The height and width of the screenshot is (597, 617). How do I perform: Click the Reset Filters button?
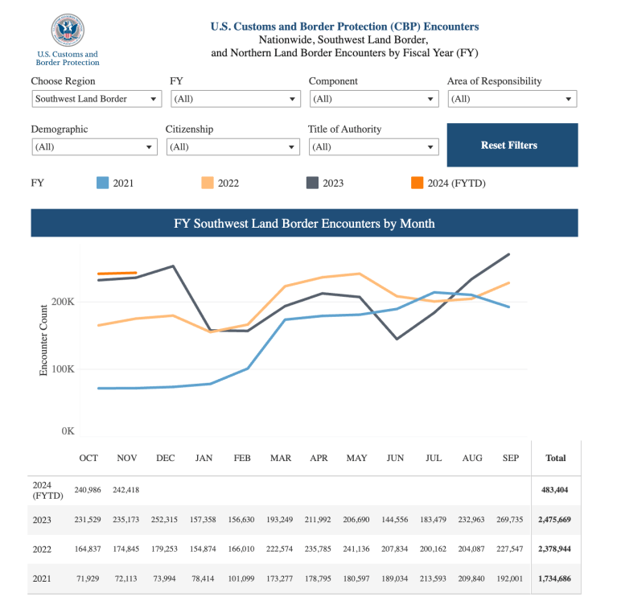[512, 145]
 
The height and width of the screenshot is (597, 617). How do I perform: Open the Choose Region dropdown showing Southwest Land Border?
[97, 99]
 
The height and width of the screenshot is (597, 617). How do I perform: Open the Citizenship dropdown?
[232, 147]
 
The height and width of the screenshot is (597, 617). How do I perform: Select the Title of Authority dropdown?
[374, 147]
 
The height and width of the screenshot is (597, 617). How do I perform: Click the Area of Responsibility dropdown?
[512, 99]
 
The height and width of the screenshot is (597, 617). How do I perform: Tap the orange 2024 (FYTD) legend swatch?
[417, 183]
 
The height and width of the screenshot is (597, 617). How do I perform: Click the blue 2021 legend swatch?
[102, 183]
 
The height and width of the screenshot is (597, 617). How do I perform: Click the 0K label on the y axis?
[68, 431]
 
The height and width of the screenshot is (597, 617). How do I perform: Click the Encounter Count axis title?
[44, 340]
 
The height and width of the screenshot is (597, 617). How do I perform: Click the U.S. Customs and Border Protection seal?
[67, 30]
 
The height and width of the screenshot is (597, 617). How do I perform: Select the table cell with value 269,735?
[511, 520]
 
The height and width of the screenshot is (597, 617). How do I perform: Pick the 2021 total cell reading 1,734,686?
[556, 578]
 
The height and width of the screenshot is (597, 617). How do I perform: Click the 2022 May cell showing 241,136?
[356, 550]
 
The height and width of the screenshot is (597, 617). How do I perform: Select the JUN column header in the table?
[395, 458]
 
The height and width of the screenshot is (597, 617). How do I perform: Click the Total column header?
[556, 458]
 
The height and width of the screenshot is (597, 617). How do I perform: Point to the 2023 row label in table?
[42, 520]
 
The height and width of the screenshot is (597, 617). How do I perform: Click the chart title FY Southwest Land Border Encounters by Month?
[304, 223]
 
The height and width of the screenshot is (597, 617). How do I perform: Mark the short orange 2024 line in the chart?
[117, 274]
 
